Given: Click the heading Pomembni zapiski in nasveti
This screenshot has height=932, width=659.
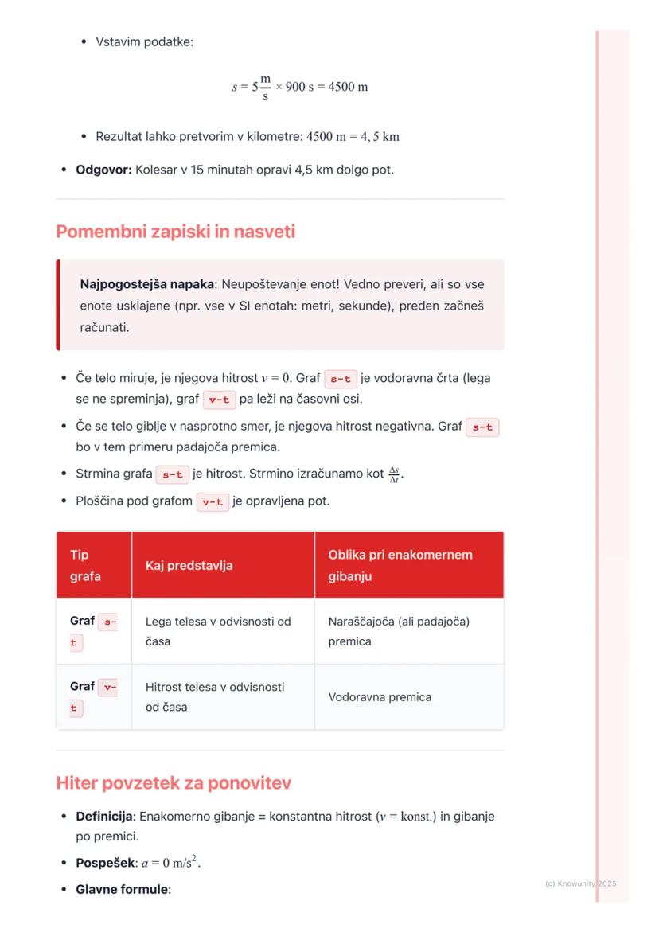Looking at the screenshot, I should pos(175,232).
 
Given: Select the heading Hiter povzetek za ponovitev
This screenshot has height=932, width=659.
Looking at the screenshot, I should pos(174,783).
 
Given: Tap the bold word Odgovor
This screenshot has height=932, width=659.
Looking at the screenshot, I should pos(103,170).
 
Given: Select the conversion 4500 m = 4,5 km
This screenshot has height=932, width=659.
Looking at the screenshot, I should pos(353,137).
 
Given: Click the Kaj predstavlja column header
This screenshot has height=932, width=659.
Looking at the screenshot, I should pos(189,565).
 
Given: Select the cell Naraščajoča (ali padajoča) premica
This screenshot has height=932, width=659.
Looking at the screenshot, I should pos(399,631).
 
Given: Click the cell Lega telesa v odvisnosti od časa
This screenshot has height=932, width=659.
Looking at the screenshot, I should pos(218,631).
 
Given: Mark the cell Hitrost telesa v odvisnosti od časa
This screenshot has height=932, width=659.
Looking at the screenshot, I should pos(215,696).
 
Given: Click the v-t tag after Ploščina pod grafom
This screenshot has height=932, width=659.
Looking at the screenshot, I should pos(213,502).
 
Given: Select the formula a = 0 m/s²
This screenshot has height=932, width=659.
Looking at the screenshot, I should pos(171,863).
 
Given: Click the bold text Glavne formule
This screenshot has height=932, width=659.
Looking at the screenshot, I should pos(123,889).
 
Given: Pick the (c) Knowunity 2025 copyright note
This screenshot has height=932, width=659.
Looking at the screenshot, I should pos(580,883).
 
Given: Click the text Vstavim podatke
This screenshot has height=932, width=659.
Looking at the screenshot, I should pos(144,41).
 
